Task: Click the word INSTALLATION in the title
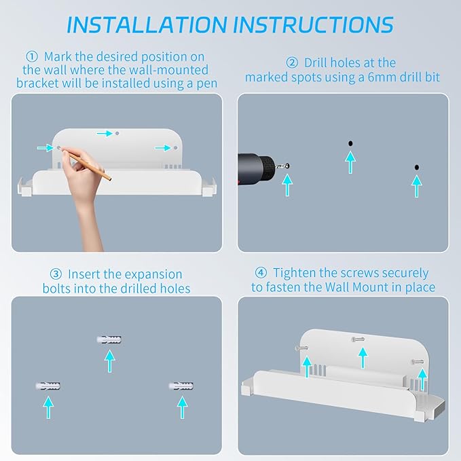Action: (147, 24)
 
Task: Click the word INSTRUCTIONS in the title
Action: (314, 24)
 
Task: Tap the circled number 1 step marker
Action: (32, 56)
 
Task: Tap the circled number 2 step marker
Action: (292, 62)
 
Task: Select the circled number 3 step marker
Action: (56, 274)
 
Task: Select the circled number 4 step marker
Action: (261, 272)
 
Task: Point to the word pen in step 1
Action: (206, 84)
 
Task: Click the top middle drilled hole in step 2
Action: (350, 143)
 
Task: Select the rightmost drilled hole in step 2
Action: (417, 167)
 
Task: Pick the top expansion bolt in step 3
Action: (109, 339)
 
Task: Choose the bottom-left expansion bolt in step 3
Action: (48, 386)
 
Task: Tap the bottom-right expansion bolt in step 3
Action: (181, 386)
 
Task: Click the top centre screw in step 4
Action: (358, 339)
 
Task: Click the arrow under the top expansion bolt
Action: (110, 361)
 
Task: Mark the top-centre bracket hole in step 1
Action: (117, 133)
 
